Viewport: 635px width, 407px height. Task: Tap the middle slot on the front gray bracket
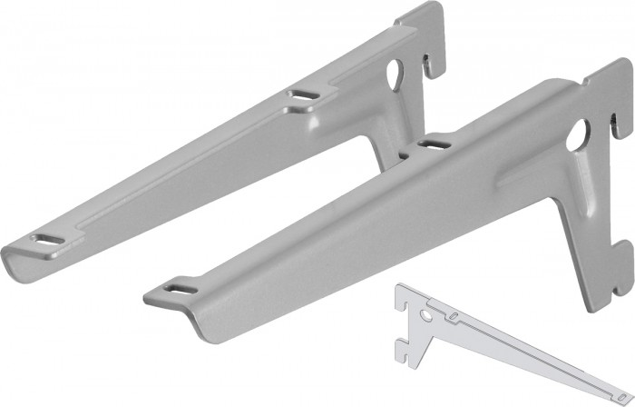tap(433, 143)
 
